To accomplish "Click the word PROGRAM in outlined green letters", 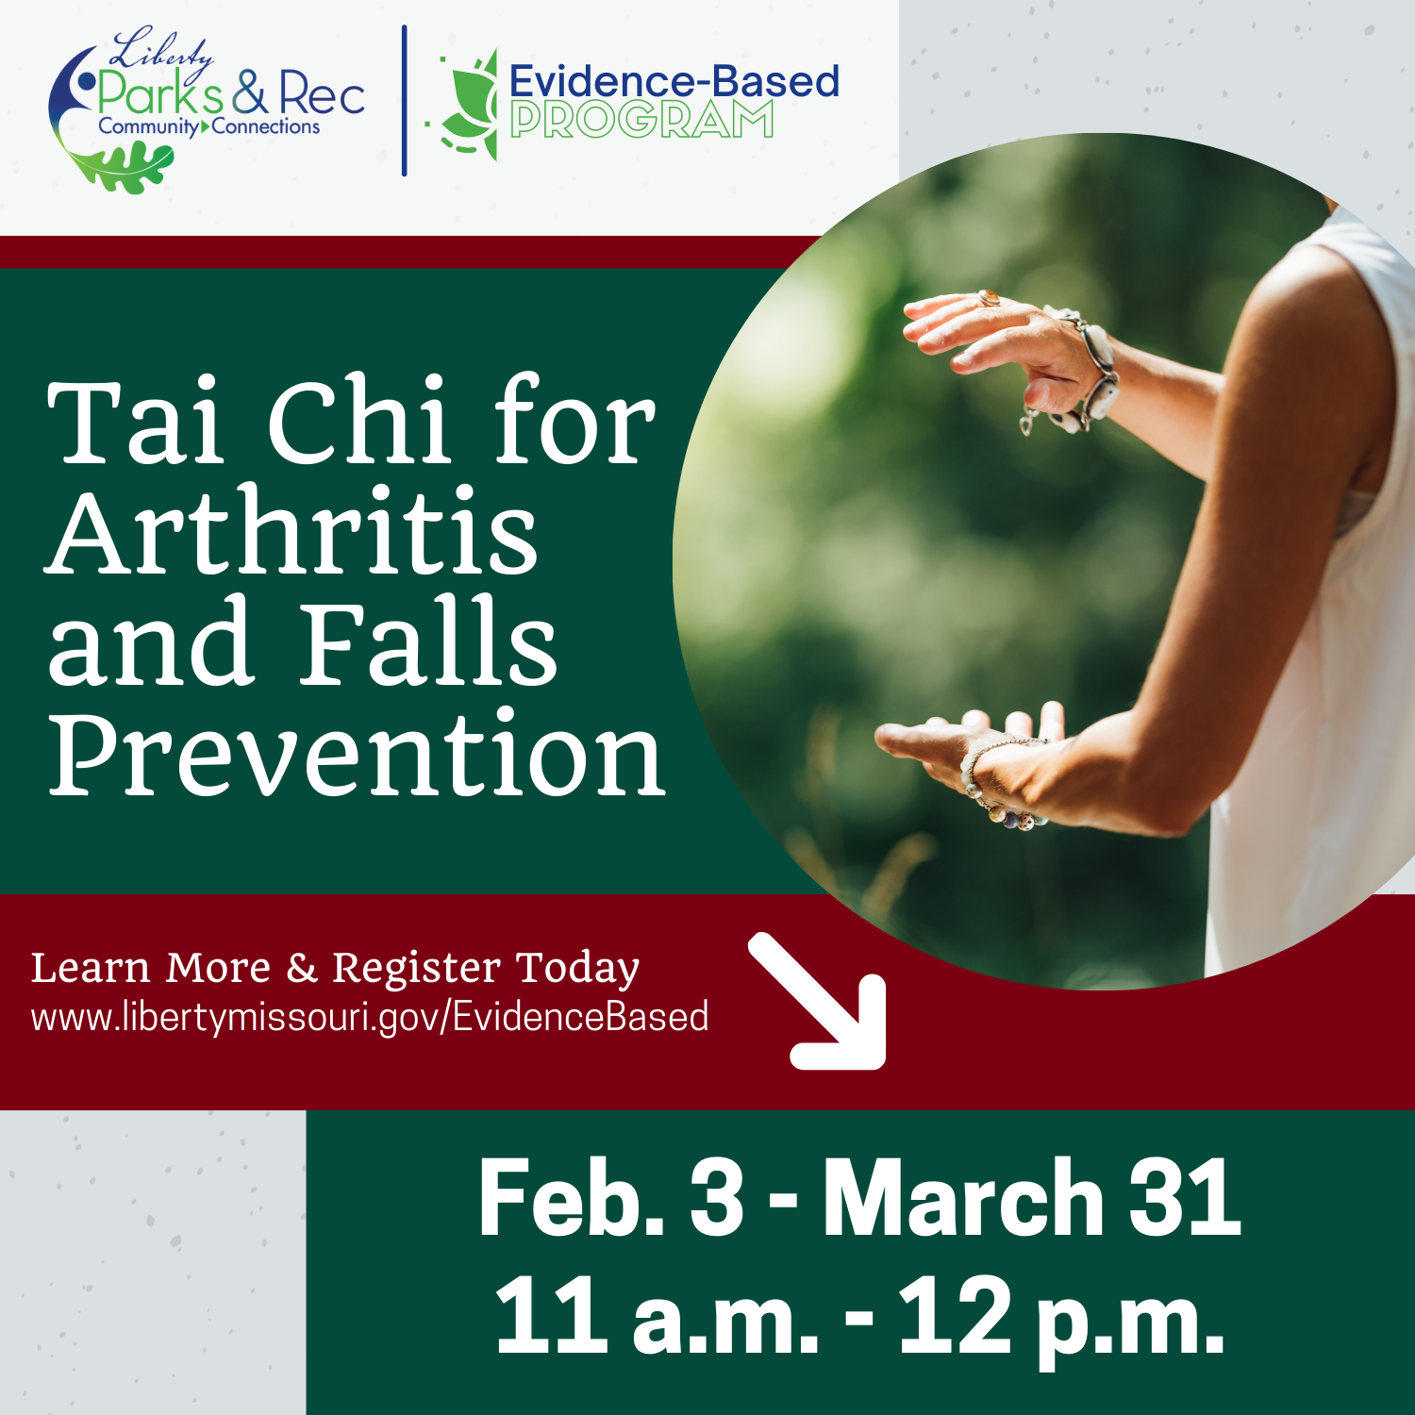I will point(641,121).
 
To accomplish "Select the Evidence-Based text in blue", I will point(674,81).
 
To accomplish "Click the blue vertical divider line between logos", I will point(404,100).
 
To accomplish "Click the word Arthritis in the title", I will point(292,533).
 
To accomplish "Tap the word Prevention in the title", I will point(357,755).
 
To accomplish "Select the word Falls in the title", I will point(429,643).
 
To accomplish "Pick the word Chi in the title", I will point(358,422).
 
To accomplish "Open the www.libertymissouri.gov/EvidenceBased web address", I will point(370,1018).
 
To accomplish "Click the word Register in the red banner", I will point(416,968).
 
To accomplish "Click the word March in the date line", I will point(962,1198).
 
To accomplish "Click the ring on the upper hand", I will point(989,299).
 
